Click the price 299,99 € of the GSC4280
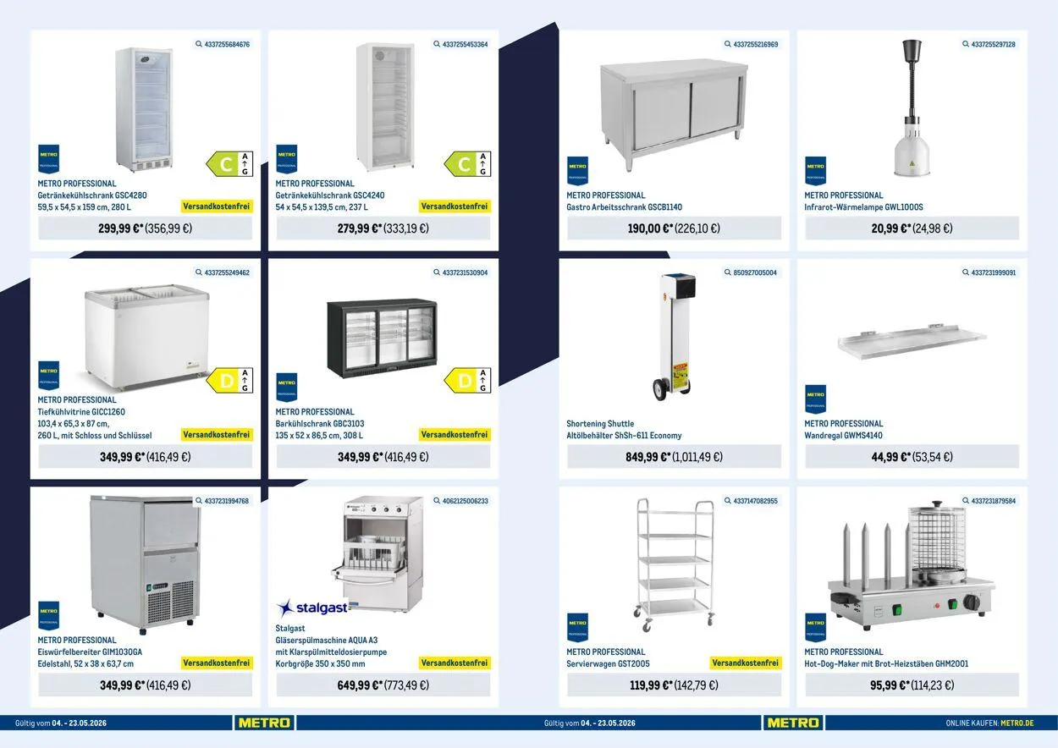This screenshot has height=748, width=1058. coord(120,228)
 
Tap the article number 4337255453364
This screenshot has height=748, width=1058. coord(465,44)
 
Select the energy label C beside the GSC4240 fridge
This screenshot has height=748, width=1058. coord(467,164)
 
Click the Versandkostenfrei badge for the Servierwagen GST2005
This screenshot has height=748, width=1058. coord(745,663)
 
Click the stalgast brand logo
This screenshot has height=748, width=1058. coord(312,608)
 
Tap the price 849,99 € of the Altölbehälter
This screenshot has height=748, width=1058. coord(647,457)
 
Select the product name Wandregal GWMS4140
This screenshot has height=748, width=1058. coord(843,436)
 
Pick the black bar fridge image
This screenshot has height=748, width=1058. coord(382,338)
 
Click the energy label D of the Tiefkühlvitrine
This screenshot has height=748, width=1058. coord(229,381)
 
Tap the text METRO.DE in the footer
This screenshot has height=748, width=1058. coord(1017,723)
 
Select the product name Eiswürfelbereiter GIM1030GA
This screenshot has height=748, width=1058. coord(90,652)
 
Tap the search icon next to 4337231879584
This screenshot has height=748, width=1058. coord(966,501)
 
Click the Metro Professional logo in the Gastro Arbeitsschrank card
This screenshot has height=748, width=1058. coord(577,170)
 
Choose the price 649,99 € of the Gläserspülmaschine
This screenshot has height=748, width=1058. coord(360,685)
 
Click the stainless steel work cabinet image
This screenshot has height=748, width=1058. coord(674,113)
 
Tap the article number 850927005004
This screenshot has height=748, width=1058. coord(755,272)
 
